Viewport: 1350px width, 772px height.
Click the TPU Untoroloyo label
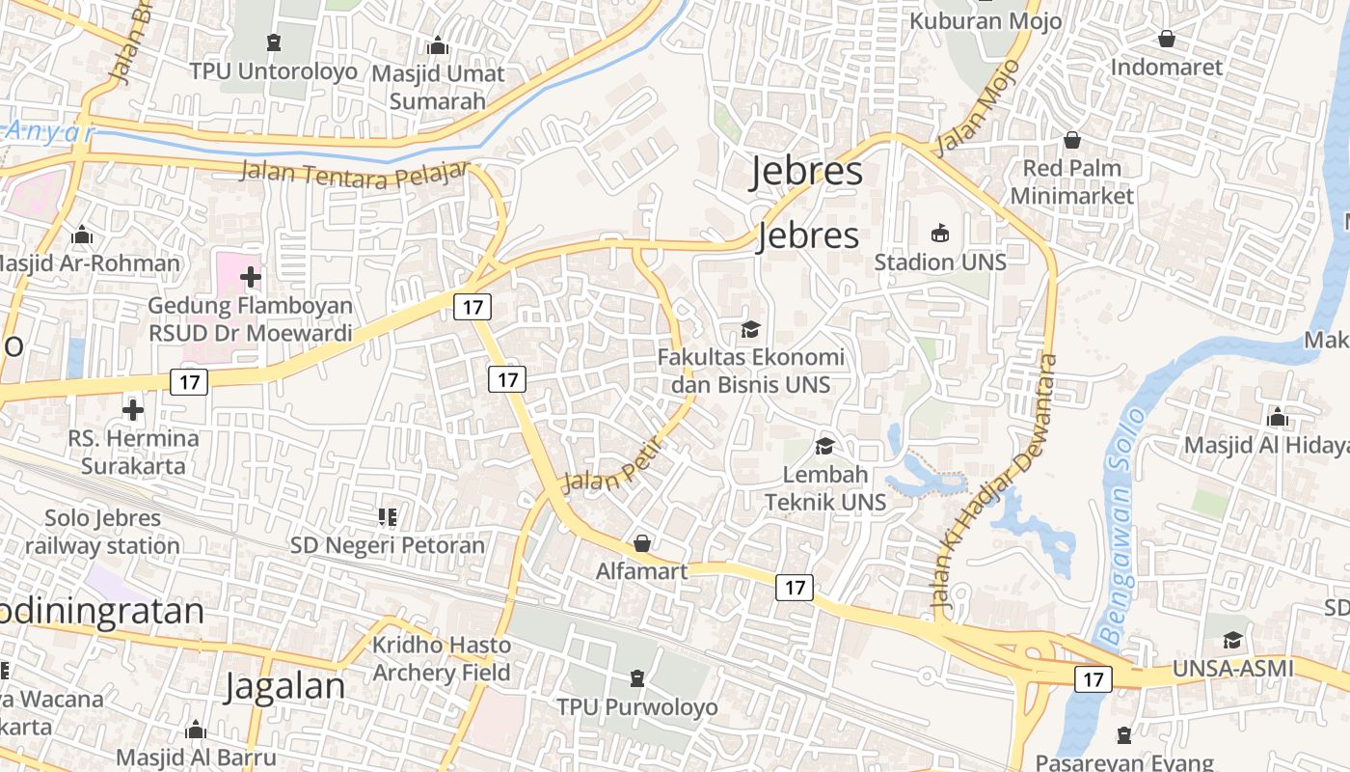point(273,71)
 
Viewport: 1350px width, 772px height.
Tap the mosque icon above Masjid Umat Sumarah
point(438,45)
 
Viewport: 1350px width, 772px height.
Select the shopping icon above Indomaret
point(1166,39)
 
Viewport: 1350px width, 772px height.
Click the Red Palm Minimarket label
point(1071,181)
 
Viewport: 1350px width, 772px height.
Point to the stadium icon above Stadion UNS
point(940,233)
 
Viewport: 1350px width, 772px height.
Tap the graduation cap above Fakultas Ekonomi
point(750,329)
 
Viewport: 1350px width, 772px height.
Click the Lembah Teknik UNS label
point(824,488)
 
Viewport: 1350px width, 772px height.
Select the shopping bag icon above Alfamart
point(641,543)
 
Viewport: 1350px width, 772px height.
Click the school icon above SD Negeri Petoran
point(388,517)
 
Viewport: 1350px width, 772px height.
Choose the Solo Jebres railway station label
point(102,532)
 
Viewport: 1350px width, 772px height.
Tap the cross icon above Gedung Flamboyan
point(250,278)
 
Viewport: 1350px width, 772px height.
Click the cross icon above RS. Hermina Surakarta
point(133,410)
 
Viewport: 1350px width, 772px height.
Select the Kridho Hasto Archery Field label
point(442,658)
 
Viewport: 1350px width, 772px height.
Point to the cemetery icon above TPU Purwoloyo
point(636,679)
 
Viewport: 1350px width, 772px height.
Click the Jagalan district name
point(284,686)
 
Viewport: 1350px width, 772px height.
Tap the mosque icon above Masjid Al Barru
point(196,730)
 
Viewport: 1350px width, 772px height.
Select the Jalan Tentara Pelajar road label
point(354,175)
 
